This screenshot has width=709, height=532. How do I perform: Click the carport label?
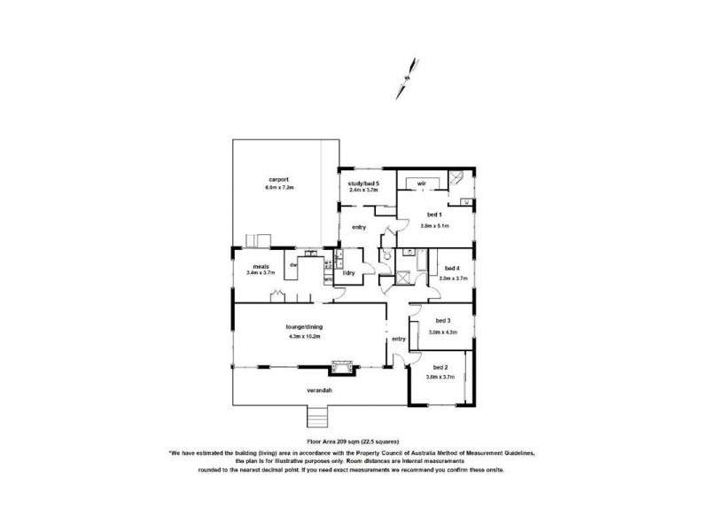[x=280, y=180]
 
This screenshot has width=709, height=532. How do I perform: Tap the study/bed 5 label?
[x=363, y=183]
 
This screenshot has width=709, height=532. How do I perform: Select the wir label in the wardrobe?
[x=422, y=184]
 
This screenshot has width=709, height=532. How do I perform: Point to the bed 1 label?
[x=434, y=215]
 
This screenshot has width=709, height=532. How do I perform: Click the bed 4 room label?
[x=452, y=269]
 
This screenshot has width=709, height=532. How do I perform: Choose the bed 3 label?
[x=443, y=321]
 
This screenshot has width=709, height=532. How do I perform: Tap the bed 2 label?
[x=440, y=367]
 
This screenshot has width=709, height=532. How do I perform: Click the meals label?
[x=261, y=265]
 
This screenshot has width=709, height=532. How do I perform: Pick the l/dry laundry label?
[x=348, y=273]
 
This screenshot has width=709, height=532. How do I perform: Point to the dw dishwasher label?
[x=292, y=264]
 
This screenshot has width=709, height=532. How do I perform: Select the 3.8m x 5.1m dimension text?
[x=434, y=225]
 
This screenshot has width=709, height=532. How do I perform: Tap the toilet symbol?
[x=386, y=256]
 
